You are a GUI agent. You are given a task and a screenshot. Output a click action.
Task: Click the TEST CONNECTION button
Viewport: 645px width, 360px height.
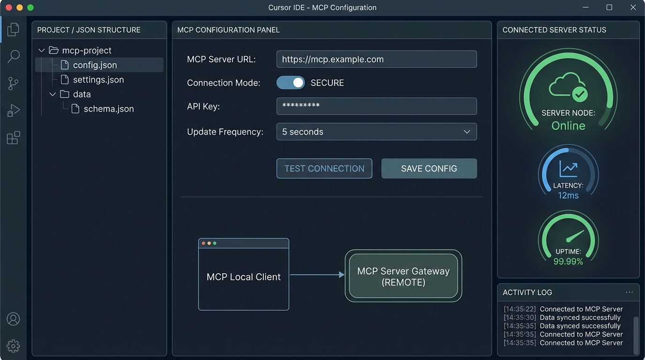(x=324, y=169)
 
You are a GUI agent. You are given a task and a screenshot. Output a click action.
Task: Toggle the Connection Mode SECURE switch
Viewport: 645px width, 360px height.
(x=291, y=83)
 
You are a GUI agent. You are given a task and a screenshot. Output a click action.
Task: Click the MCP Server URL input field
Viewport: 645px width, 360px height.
(x=376, y=60)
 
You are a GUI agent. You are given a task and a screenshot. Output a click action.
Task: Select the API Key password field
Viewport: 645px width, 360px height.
(x=376, y=106)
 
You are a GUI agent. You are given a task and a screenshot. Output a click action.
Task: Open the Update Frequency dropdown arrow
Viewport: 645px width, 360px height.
(x=467, y=132)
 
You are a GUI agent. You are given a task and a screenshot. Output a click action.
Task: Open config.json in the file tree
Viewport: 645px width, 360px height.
(x=95, y=65)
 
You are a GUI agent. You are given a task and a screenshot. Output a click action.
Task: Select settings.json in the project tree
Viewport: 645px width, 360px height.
(x=98, y=80)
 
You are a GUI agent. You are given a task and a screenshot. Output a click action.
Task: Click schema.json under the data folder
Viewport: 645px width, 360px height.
(x=108, y=109)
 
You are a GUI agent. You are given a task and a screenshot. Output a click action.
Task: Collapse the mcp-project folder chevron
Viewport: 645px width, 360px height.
(x=42, y=50)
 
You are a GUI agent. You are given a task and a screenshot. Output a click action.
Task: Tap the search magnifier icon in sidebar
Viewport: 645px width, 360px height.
(x=14, y=56)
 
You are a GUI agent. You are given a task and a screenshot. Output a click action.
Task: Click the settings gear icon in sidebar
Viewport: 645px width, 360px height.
(x=14, y=346)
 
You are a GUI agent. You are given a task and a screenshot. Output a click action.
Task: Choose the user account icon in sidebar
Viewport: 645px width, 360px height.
(x=14, y=319)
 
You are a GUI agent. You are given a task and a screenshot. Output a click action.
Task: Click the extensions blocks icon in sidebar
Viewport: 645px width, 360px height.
(x=14, y=138)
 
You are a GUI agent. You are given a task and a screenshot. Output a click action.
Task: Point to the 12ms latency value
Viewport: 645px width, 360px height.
(x=568, y=195)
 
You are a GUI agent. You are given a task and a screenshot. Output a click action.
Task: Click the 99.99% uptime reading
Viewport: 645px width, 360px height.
(x=568, y=262)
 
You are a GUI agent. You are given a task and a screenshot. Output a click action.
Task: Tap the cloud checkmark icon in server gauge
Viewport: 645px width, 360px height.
(x=568, y=87)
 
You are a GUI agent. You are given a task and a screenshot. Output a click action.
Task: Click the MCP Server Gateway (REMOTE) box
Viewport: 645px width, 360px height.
(x=403, y=276)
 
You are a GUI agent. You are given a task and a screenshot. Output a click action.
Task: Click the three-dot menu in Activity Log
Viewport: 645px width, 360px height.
(x=629, y=292)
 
